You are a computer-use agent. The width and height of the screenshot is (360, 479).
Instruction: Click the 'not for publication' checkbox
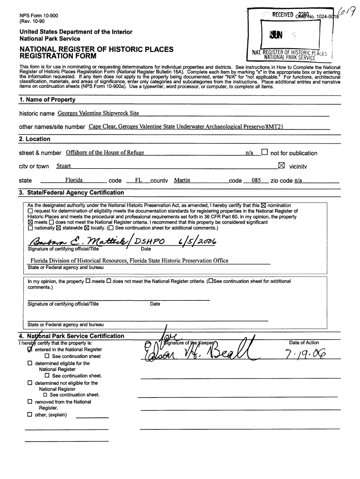pos(265,152)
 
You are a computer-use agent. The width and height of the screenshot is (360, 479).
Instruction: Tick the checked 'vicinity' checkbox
pos(281,166)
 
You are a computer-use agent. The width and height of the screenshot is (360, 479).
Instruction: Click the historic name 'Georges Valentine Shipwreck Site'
pos(98,113)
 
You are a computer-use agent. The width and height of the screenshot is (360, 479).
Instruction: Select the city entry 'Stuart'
pos(64,166)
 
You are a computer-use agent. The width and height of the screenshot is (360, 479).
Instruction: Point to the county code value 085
pos(256,180)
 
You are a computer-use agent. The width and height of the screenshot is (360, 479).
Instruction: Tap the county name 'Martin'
pos(182,180)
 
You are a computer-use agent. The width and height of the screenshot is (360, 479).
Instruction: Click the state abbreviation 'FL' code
pos(138,180)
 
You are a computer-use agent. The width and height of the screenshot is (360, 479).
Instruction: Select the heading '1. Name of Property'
pos(47,100)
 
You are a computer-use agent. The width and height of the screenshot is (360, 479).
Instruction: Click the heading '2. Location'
pos(35,139)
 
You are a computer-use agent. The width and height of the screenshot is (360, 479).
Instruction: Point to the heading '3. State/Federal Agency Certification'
pos(72,193)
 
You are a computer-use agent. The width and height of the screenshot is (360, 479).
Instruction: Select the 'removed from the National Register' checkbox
pos(30,402)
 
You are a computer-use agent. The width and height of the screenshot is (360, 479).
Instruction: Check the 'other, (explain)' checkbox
pos(30,414)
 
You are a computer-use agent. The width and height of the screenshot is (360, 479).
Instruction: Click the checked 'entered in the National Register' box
pos(30,349)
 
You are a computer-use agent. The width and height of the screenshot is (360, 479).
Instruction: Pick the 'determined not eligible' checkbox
pos(30,383)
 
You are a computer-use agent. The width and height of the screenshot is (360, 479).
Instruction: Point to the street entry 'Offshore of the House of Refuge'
pos(105,152)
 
